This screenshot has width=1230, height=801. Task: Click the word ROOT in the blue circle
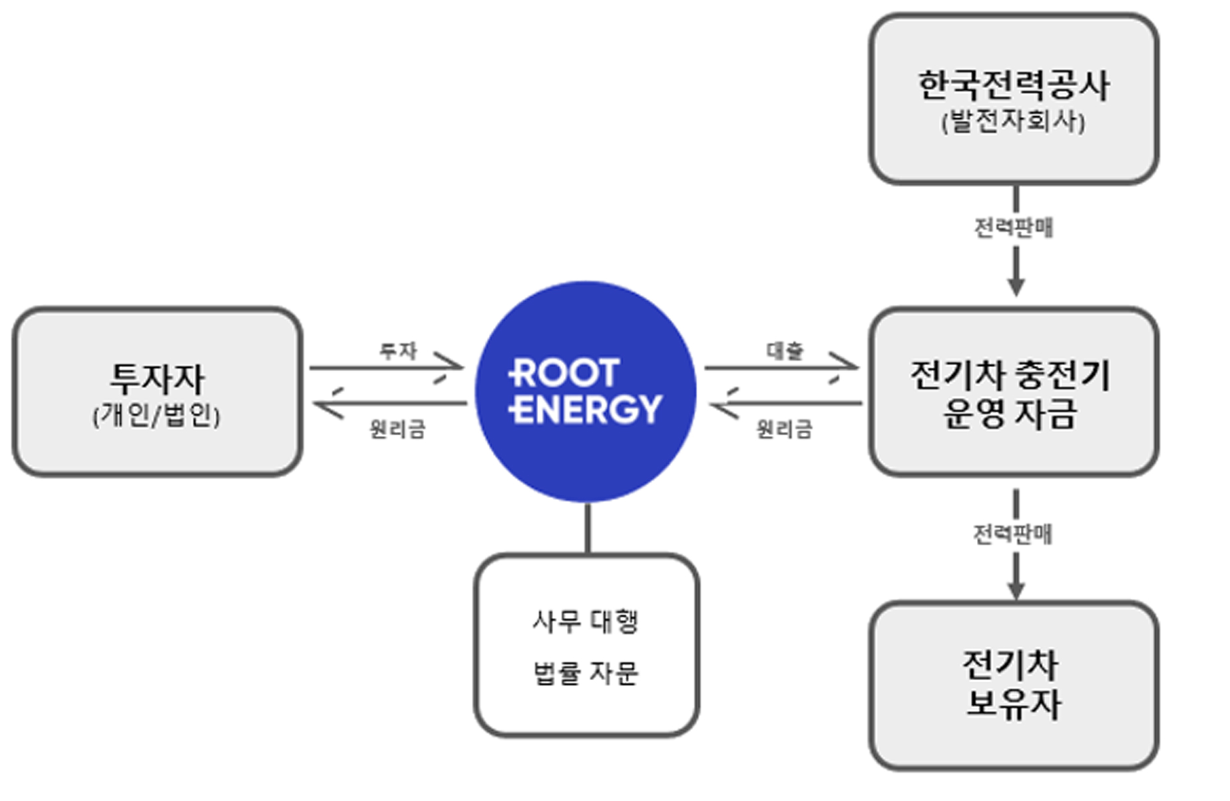coord(565,373)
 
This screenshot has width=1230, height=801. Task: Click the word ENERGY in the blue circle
coord(586,409)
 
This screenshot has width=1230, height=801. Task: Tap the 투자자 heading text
coord(158,378)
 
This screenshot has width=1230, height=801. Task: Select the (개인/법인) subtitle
coord(157,415)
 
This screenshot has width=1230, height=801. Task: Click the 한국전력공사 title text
coord(1014,85)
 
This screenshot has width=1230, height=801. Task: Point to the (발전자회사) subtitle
coord(1014,121)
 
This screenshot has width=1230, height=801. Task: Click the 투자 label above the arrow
coord(398,350)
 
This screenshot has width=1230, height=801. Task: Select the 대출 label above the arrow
coord(785,350)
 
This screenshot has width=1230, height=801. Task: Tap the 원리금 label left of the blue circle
coord(398,429)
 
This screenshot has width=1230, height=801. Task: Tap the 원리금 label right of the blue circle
coord(785,429)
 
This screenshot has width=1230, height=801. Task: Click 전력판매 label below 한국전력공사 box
coord(1014,228)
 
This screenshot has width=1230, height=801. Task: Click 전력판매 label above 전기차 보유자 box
coord(1013,534)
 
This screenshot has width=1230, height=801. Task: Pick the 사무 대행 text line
coord(586,621)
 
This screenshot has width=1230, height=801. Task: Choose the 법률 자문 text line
coord(586,673)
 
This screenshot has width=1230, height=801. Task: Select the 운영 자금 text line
coord(1011,413)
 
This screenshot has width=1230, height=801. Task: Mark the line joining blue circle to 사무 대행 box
coord(588,528)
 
